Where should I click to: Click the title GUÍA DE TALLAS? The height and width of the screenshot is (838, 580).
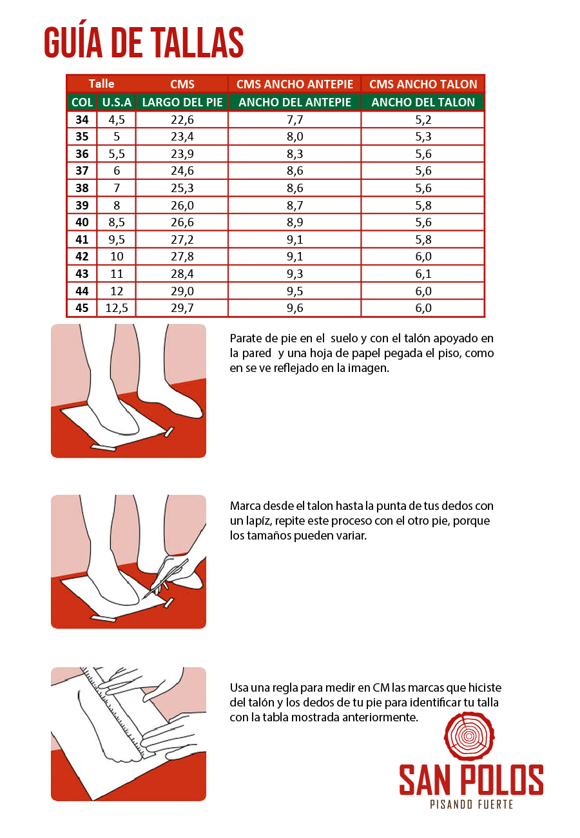point(144,43)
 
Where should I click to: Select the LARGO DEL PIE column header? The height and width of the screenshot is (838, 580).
point(182,102)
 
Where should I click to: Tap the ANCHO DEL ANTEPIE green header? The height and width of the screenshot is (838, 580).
point(295,102)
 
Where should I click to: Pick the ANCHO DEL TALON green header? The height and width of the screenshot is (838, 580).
point(423,102)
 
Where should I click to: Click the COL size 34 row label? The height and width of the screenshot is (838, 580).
point(82,119)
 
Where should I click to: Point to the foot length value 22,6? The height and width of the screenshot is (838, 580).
point(182,119)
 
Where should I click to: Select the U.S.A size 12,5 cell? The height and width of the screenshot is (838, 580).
point(117,308)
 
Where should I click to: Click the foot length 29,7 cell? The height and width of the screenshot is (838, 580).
point(182,308)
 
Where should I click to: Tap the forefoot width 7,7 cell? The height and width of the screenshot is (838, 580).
point(295,119)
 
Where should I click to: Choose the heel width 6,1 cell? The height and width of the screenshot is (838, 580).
point(423,274)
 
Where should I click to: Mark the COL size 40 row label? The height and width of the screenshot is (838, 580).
point(82,222)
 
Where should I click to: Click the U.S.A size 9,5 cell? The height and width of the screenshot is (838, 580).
point(117,240)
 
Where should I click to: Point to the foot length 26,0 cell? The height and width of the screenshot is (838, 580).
point(182,205)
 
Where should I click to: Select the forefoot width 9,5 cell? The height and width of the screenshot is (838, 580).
point(295,291)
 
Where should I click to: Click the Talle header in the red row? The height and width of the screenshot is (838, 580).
point(101,84)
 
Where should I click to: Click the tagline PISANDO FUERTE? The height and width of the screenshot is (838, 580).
point(471,804)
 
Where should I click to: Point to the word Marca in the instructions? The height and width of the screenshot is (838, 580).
point(244,506)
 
